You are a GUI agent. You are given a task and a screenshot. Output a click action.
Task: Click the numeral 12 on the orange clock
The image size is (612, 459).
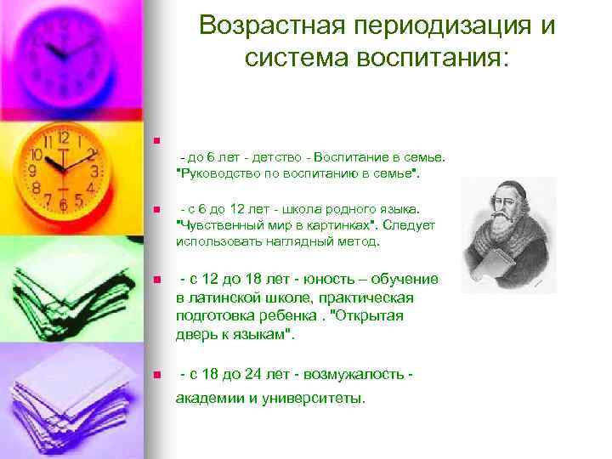click(x=62, y=138)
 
